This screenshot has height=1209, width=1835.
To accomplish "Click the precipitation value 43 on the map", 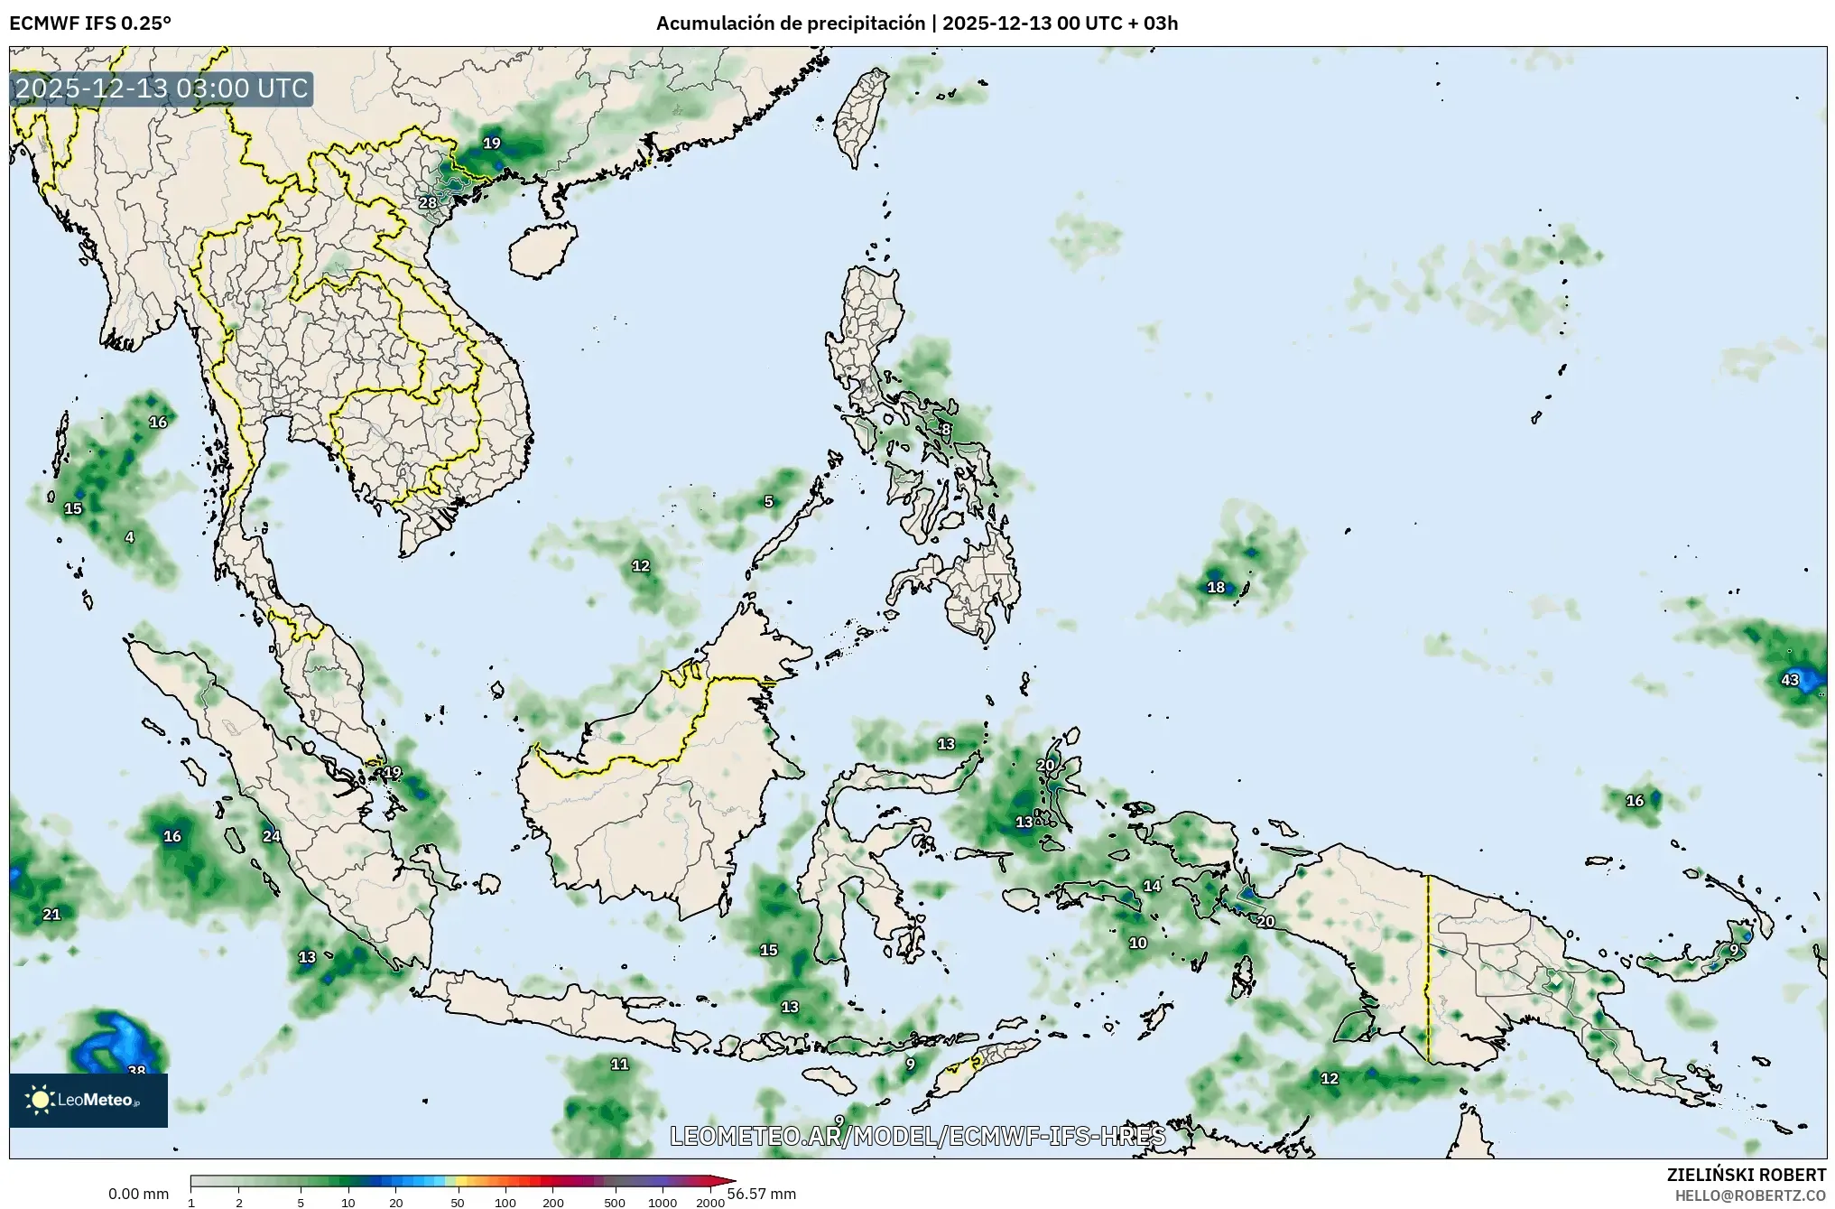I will pyautogui.click(x=1789, y=680).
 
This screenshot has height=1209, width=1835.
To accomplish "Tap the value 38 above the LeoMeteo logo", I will pyautogui.click(x=136, y=1071).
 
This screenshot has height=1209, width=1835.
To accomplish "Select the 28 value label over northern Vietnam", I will pyautogui.click(x=427, y=202).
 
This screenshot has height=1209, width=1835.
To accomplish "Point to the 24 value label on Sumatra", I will pyautogui.click(x=272, y=836).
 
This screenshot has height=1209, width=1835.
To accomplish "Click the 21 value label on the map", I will pyautogui.click(x=51, y=914).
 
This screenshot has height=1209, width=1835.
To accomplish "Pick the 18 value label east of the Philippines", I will pyautogui.click(x=1216, y=587).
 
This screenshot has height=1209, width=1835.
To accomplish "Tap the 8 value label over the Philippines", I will pyautogui.click(x=946, y=430).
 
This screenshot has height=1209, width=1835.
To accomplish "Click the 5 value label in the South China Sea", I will pyautogui.click(x=768, y=501).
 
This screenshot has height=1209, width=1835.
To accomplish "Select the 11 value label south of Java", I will pyautogui.click(x=619, y=1064).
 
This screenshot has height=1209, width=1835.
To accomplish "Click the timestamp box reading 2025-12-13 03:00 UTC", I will pyautogui.click(x=162, y=88).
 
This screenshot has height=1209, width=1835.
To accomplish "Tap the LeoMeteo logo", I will pyautogui.click(x=88, y=1100).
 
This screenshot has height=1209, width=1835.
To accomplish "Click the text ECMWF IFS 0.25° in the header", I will pyautogui.click(x=90, y=23).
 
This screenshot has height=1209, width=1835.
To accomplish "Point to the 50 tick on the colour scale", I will pyautogui.click(x=458, y=1203).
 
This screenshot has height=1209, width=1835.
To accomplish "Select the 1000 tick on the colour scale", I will pyautogui.click(x=662, y=1203).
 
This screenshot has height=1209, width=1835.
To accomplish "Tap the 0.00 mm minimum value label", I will pyautogui.click(x=138, y=1194).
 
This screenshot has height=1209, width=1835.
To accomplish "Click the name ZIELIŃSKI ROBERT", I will pyautogui.click(x=1746, y=1175).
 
